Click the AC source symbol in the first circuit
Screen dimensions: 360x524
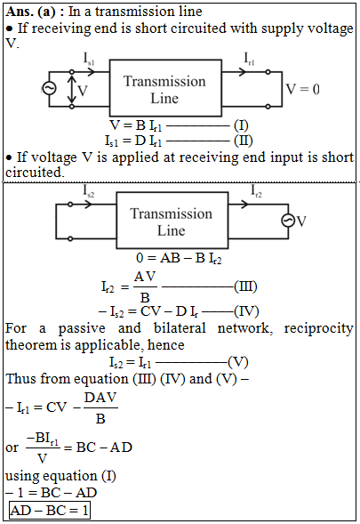click(x=49, y=89)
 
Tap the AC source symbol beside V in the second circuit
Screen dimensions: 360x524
click(x=288, y=221)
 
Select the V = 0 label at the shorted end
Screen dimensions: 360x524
click(x=302, y=89)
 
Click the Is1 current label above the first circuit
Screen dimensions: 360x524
click(x=89, y=60)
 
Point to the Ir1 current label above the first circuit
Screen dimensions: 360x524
click(x=249, y=60)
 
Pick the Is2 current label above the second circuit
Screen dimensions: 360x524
click(x=89, y=191)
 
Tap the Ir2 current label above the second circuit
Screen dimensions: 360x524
click(x=256, y=191)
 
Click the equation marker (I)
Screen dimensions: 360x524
click(x=241, y=125)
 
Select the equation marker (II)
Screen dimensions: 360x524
click(x=244, y=141)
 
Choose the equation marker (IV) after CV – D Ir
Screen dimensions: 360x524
click(x=246, y=311)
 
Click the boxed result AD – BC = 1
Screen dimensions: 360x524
click(x=50, y=511)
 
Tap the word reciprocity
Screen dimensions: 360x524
click(x=318, y=328)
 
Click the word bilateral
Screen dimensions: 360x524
click(x=180, y=328)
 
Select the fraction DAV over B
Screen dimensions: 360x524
click(x=100, y=407)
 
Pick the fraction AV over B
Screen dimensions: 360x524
click(x=145, y=286)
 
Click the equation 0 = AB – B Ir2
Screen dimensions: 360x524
click(x=179, y=258)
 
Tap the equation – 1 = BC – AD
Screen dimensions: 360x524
click(x=52, y=493)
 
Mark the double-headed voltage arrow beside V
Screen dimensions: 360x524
click(x=71, y=89)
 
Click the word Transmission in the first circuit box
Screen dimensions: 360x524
click(x=164, y=82)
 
